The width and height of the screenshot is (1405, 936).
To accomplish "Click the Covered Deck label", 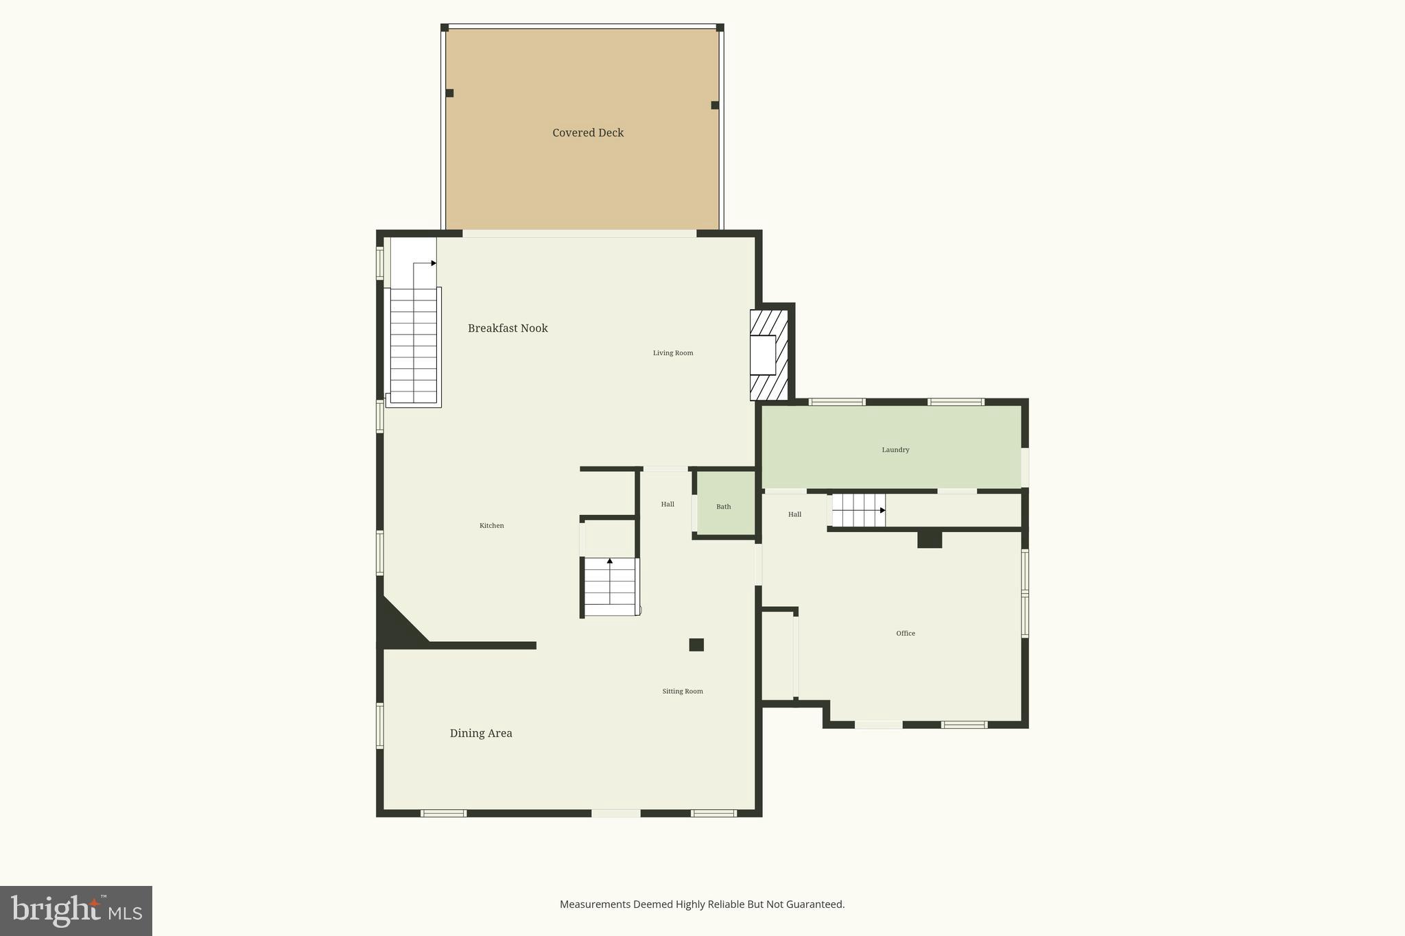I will click(588, 133).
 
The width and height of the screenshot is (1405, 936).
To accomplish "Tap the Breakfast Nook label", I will click(508, 328).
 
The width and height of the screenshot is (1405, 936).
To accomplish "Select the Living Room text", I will click(673, 353).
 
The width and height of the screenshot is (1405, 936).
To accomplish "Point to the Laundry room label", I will click(895, 450).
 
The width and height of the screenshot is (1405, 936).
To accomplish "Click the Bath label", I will click(724, 507).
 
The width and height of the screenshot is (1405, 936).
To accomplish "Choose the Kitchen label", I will click(491, 526).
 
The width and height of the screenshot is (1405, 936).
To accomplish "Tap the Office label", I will click(906, 634).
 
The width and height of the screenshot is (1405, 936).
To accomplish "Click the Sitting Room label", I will click(683, 691).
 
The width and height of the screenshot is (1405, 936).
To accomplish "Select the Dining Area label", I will click(481, 733).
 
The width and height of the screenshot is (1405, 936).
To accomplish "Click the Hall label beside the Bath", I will click(668, 505).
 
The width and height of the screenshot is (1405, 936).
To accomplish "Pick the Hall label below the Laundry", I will click(794, 514).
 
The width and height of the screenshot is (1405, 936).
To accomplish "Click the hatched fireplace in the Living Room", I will click(769, 355).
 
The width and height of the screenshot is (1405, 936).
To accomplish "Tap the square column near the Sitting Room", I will click(696, 645).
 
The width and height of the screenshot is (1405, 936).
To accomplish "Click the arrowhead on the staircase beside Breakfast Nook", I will click(434, 263).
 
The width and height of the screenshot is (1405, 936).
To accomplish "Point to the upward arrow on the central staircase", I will click(610, 561).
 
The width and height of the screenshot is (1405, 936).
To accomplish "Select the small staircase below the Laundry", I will click(858, 510).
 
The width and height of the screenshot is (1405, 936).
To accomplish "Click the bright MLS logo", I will click(75, 911).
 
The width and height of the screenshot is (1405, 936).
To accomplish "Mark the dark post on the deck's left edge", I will click(449, 93).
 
